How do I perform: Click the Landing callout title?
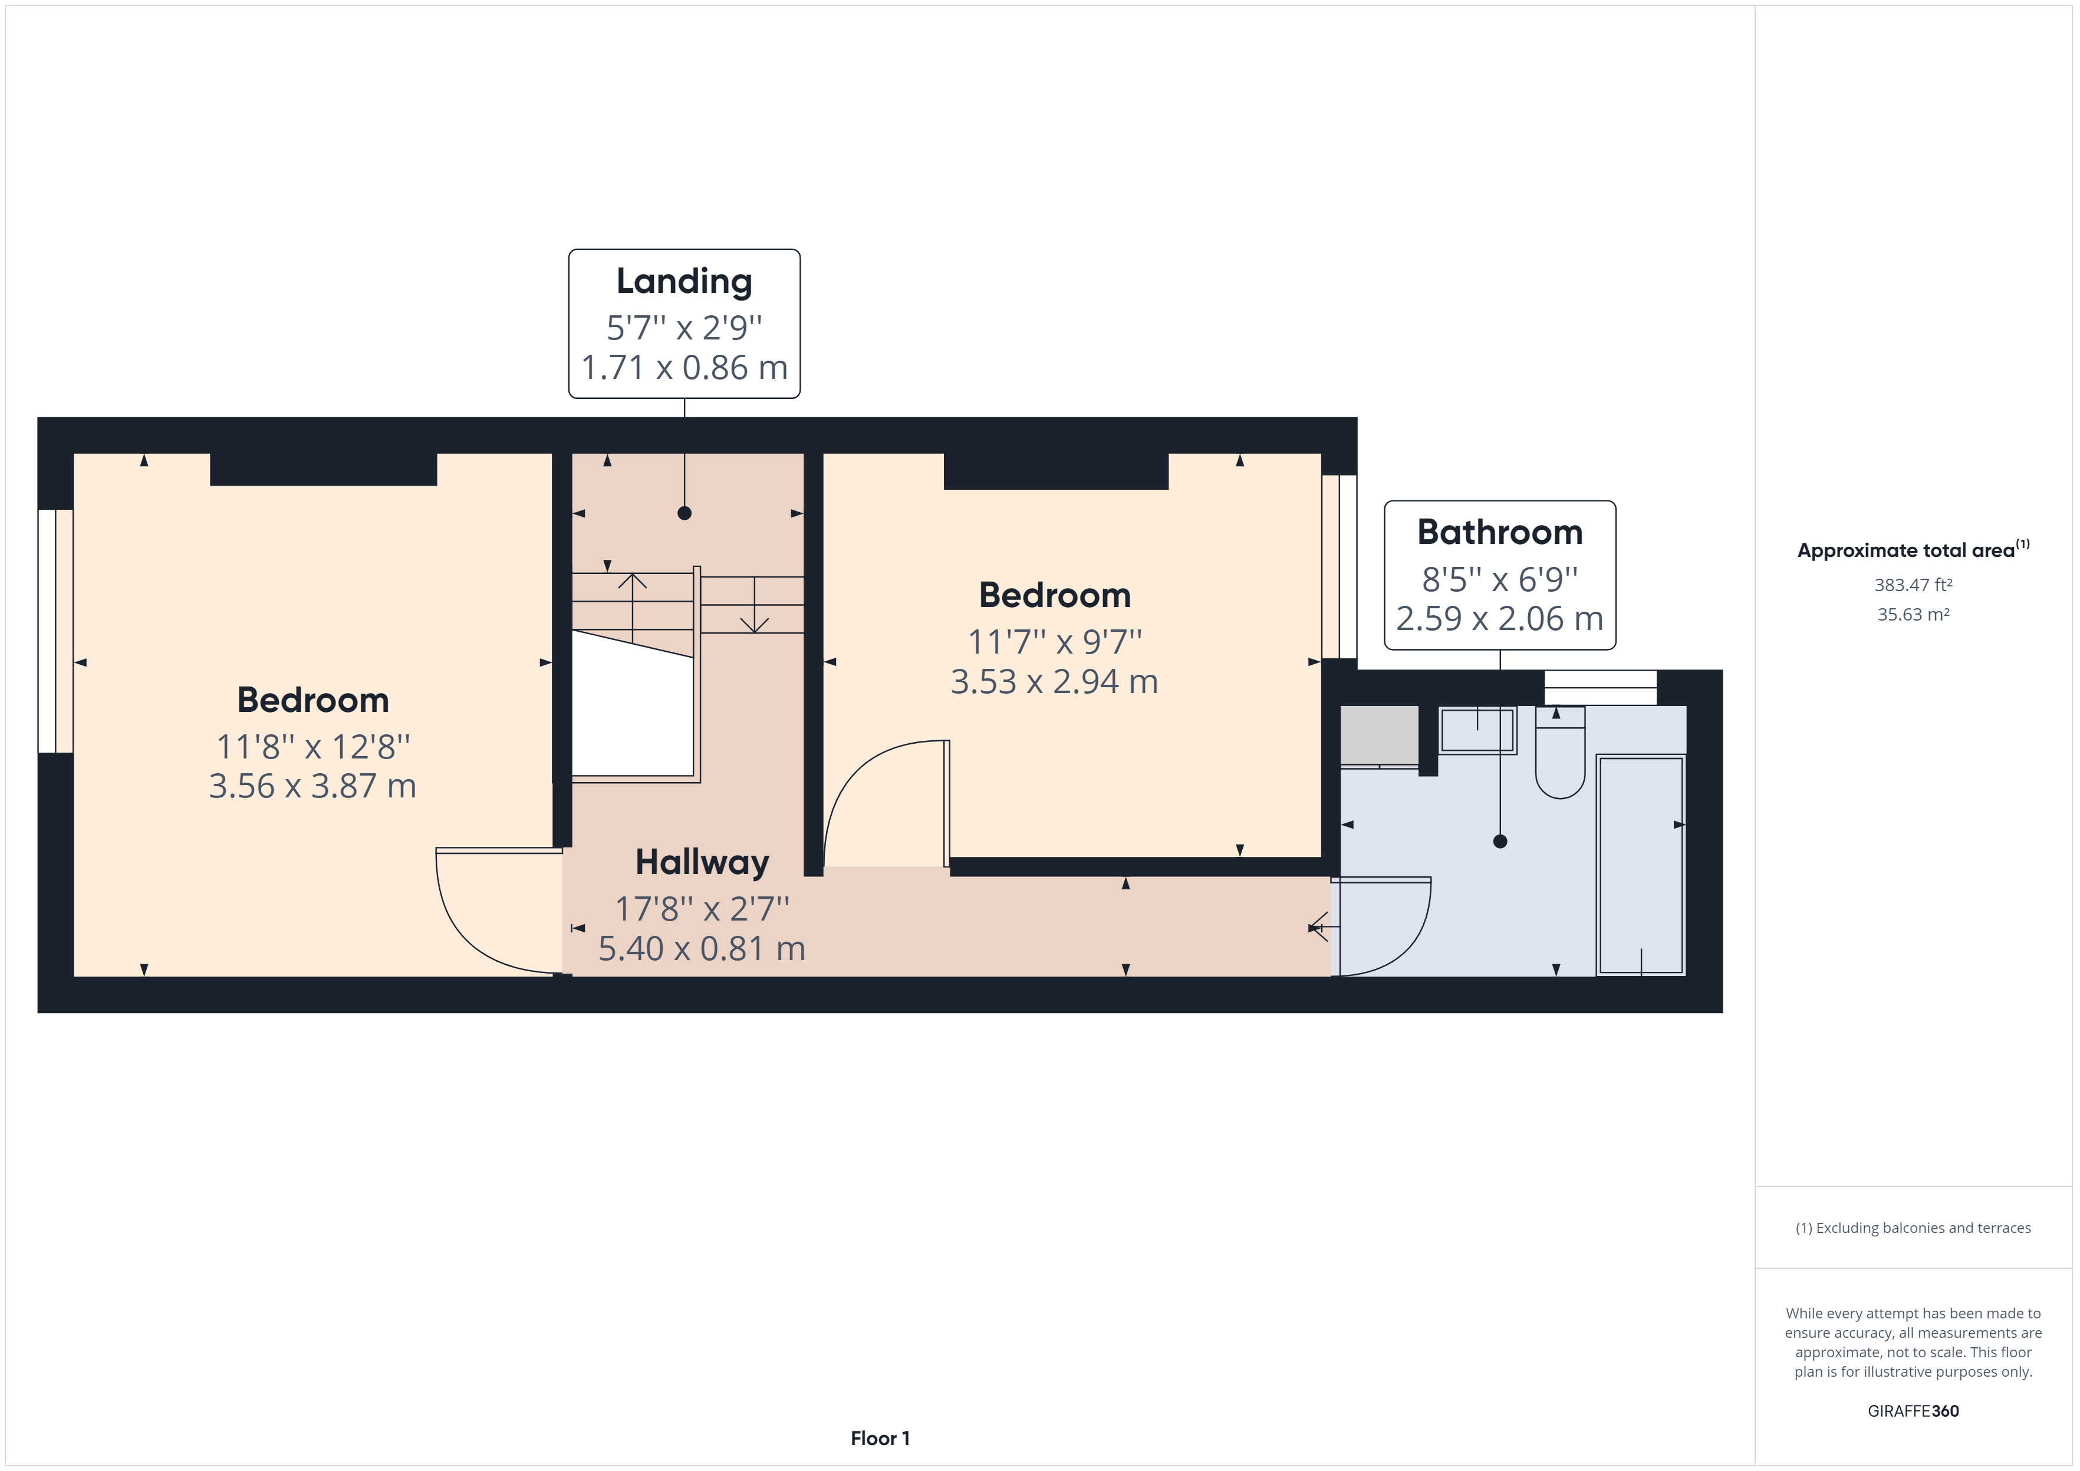point(684,281)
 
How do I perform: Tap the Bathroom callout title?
point(1499,532)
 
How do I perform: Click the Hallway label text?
point(702,862)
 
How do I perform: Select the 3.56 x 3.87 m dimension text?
point(312,786)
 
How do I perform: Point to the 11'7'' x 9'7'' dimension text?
point(1055,641)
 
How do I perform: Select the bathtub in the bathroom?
point(1641,865)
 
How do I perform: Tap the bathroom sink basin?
point(1477,730)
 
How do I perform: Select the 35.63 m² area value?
point(1913,614)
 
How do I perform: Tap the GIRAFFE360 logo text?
point(1913,1410)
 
